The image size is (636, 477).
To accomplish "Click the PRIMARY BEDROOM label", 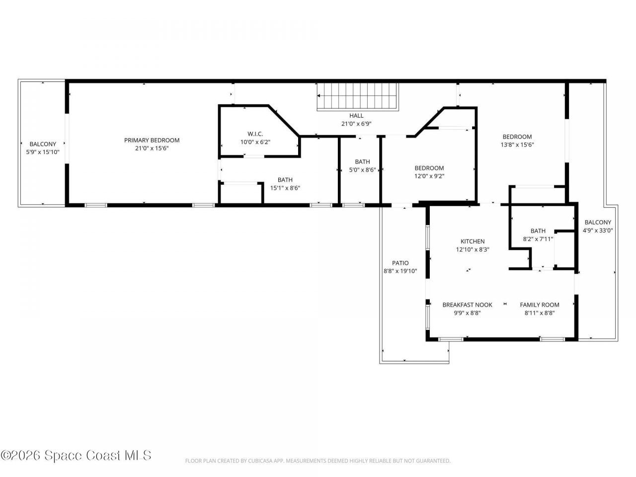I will [x=152, y=140].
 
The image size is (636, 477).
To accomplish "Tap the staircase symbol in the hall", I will [x=358, y=96].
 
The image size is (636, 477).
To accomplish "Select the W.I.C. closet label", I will [x=255, y=134].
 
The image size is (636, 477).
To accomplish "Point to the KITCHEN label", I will [x=472, y=241].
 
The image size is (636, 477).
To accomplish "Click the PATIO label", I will [x=400, y=263].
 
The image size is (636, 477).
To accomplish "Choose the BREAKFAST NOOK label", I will [x=467, y=305].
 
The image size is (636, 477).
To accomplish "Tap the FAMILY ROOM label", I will [x=540, y=305].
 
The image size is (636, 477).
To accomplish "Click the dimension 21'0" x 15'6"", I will [x=152, y=148].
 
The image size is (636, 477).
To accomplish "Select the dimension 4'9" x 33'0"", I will [x=598, y=231].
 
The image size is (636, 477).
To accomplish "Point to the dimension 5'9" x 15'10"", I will [x=43, y=152].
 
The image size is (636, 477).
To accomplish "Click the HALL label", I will [x=356, y=115].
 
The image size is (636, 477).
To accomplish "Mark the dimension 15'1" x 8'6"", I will [x=285, y=188].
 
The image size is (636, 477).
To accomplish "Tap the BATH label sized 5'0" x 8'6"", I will [x=362, y=161].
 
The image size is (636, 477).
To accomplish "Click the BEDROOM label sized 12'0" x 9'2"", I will [x=429, y=168].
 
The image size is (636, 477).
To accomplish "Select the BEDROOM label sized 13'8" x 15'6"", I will [x=517, y=137].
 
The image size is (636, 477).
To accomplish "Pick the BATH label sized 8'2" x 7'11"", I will [x=538, y=231].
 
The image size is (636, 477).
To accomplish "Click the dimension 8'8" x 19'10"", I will [x=400, y=271].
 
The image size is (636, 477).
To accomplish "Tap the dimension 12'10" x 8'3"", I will [x=472, y=250].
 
